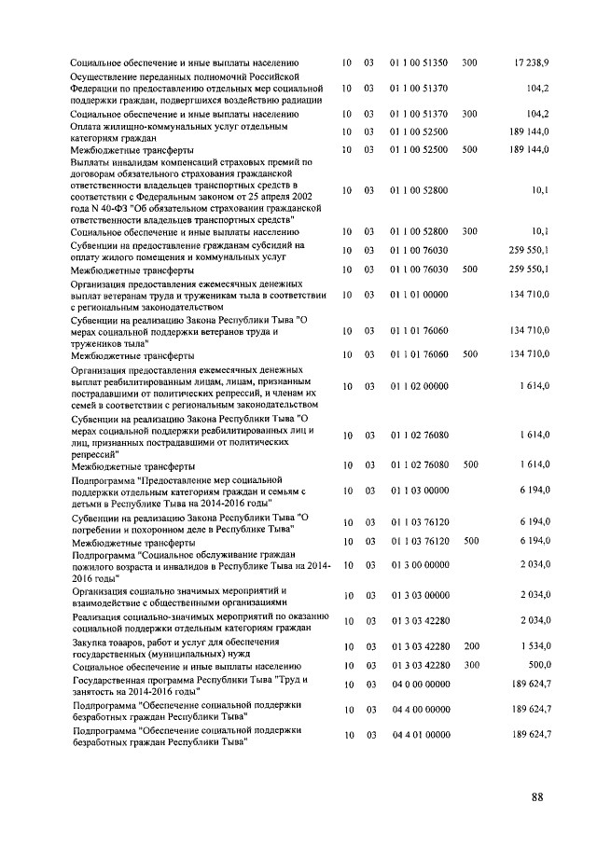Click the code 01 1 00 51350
(x=420, y=62)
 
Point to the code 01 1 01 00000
(x=420, y=295)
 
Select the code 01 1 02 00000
(x=420, y=386)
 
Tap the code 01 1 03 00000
(x=420, y=490)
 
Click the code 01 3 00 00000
(x=420, y=565)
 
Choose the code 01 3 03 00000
(x=420, y=595)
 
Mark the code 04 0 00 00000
(x=420, y=685)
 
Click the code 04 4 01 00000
(x=420, y=736)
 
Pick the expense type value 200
(x=470, y=646)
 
